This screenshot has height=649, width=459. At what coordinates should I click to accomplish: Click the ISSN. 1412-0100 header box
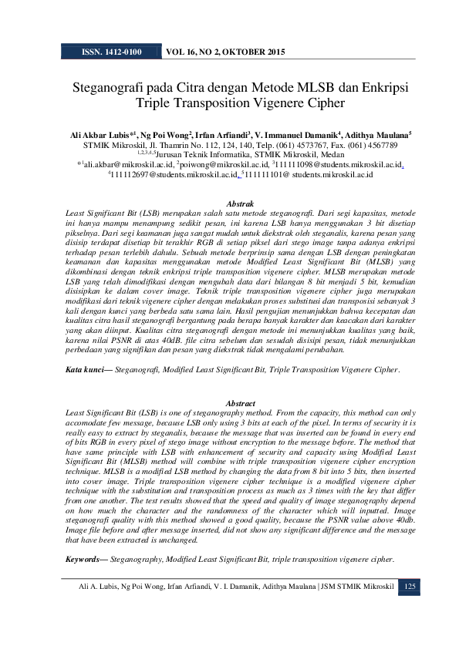[110, 52]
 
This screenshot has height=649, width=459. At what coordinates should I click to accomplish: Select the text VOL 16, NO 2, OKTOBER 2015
[225, 52]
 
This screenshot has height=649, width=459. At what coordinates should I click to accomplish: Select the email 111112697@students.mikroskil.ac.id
[174, 175]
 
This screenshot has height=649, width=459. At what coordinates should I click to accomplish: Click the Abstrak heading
[229, 203]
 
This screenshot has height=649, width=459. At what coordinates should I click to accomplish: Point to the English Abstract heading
[229, 403]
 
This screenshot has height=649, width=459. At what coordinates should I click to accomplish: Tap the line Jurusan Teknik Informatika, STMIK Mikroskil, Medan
[231, 154]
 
